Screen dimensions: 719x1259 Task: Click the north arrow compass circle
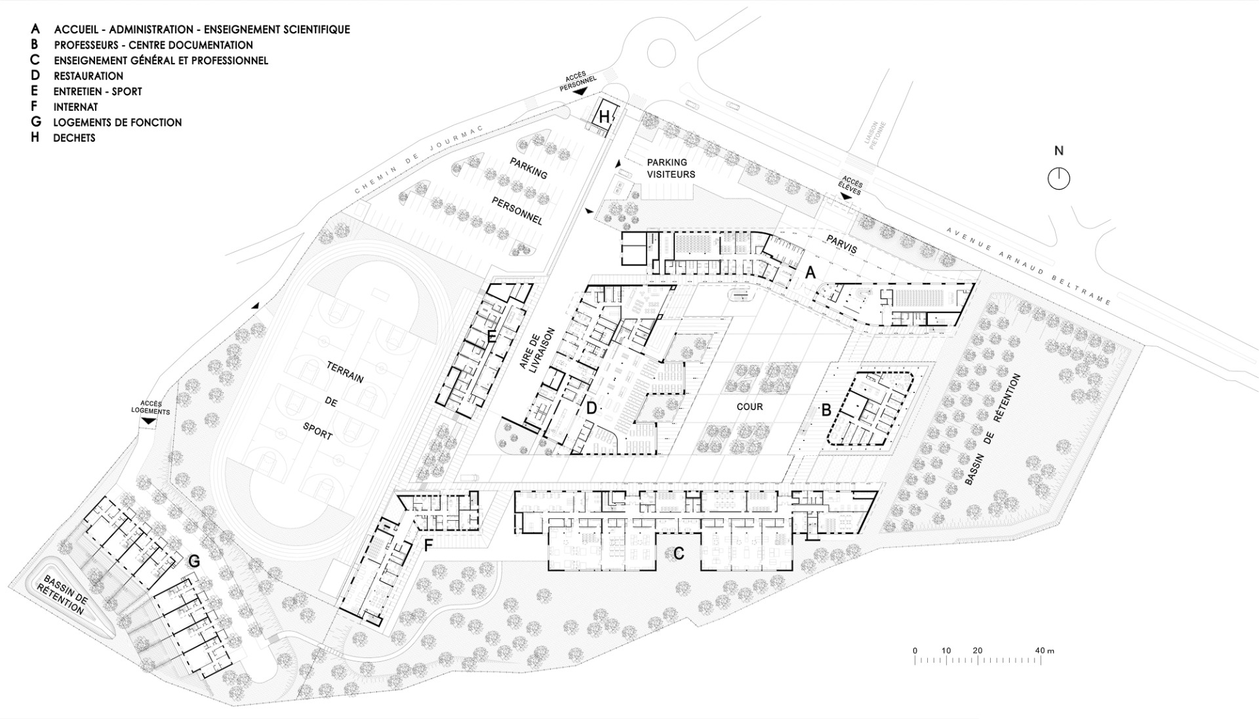(1058, 178)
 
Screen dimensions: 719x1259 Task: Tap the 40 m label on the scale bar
(1045, 651)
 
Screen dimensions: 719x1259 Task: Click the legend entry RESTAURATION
(89, 76)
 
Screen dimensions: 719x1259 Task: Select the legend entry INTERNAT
(76, 107)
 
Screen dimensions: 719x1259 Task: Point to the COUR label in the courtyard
(749, 407)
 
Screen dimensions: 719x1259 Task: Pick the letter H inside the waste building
(605, 117)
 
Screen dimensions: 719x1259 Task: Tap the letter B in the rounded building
(826, 411)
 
